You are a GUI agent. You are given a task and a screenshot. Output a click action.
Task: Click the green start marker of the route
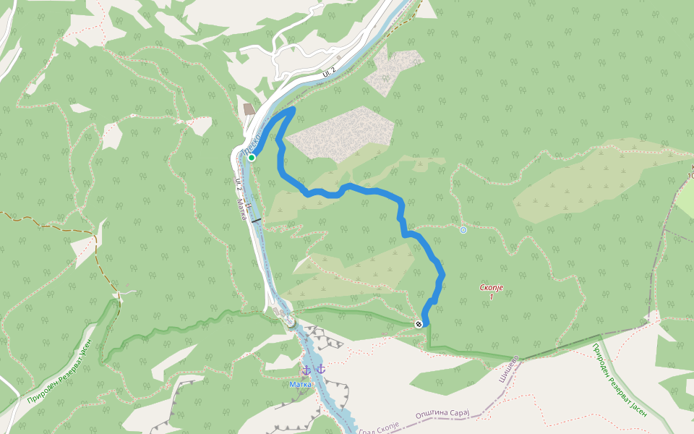click(252, 157)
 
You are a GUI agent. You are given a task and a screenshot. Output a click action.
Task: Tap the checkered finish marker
click(419, 323)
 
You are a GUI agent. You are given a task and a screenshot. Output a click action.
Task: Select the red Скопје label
click(491, 288)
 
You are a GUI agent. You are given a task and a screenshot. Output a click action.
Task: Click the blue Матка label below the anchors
click(300, 384)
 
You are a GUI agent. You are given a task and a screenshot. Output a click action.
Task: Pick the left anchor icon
click(307, 370)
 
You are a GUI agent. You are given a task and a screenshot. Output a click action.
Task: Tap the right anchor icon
click(320, 370)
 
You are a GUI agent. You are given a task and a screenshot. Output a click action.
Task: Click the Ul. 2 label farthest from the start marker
click(330, 72)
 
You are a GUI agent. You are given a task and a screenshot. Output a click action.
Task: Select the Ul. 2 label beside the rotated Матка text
click(239, 184)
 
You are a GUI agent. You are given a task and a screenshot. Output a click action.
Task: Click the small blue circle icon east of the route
click(463, 230)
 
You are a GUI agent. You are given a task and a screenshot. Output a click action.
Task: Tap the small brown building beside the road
click(249, 109)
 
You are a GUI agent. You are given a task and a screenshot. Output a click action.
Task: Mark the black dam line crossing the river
click(256, 219)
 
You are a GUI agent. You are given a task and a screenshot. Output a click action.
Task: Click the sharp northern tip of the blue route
click(294, 109)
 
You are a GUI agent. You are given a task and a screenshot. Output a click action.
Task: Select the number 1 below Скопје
click(492, 297)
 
